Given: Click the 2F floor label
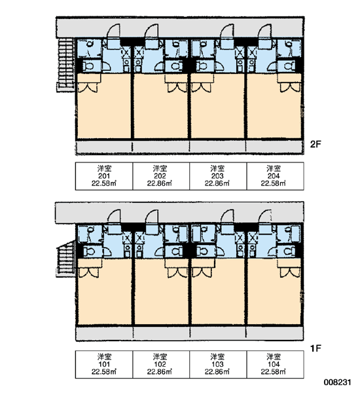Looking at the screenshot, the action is [x=315, y=144].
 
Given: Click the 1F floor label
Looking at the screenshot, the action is [x=315, y=348].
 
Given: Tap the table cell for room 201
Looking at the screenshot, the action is [x=104, y=176].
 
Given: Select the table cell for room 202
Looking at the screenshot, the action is [x=161, y=176].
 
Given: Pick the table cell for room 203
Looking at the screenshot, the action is [x=218, y=176].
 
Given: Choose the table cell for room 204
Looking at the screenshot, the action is [x=275, y=176].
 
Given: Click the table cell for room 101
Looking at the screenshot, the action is [x=104, y=364].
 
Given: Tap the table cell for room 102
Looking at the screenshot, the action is [x=161, y=364].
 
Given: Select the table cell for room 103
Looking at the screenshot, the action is [x=218, y=364].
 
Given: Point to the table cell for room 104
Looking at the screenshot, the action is [x=275, y=364].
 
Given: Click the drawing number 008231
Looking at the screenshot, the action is [x=338, y=383].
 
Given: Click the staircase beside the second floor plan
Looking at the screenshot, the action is [x=65, y=65].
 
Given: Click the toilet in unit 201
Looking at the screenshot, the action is [x=88, y=66].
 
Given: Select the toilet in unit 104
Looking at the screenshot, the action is [x=289, y=251].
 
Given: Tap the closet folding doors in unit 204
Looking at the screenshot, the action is [x=290, y=88].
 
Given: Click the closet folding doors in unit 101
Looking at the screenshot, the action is [x=88, y=272].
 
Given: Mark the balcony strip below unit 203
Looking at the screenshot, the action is [x=217, y=147].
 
